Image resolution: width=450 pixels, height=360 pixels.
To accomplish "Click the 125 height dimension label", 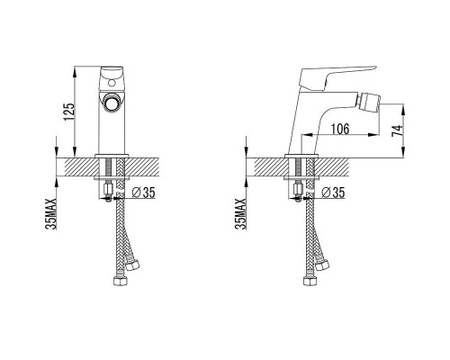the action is coord(68,112).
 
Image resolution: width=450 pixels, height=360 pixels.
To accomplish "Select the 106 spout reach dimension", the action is coord(340,129).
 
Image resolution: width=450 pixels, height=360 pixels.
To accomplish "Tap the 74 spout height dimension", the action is coord(397,130).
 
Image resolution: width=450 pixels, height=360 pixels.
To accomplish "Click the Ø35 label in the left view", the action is coord(144,193).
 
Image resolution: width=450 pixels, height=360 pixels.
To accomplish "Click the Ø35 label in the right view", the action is coord(333,193).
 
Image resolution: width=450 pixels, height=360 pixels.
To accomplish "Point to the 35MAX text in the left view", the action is coord(51,213).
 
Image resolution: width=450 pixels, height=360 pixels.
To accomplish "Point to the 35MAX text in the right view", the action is coord(240,213).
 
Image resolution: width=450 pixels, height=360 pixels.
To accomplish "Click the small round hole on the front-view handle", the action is coord(112,83).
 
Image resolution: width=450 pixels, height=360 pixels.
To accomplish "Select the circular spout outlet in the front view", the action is coord(112,102).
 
